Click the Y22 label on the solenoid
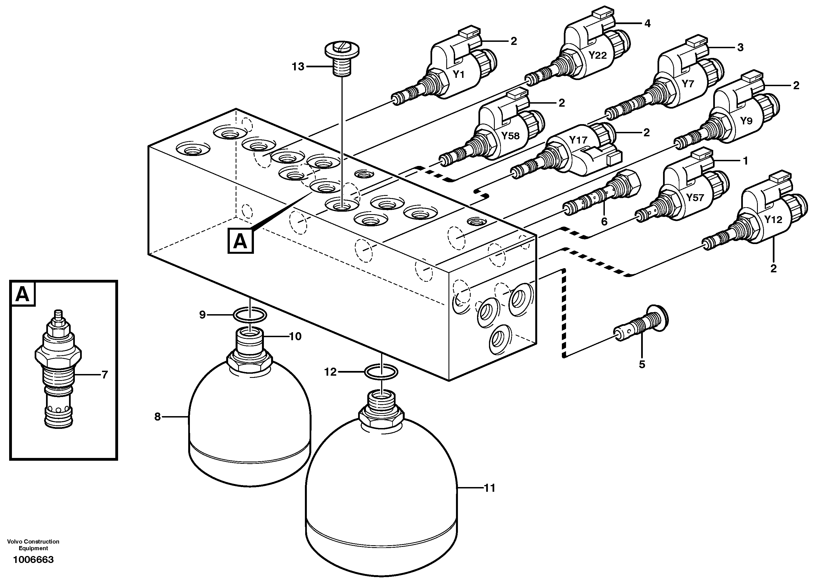(x=598, y=55)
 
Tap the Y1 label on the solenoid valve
(x=458, y=75)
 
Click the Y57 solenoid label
(x=695, y=198)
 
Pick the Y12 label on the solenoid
(x=773, y=219)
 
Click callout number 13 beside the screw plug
(x=298, y=67)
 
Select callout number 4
(x=647, y=24)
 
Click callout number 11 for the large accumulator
(x=490, y=488)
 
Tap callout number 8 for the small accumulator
(x=157, y=417)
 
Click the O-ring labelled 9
(x=249, y=315)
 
